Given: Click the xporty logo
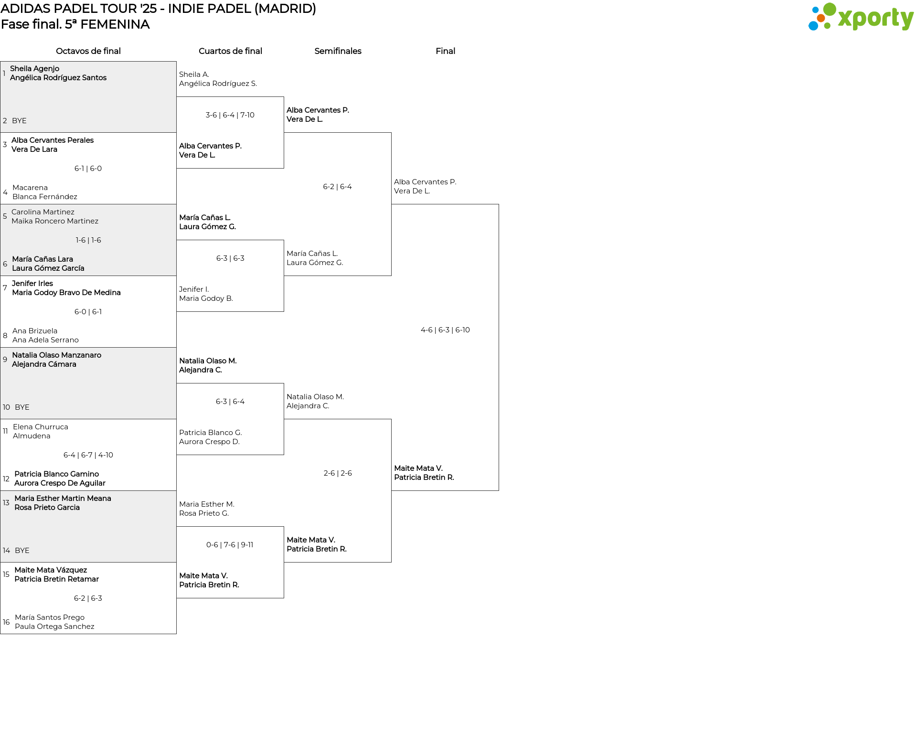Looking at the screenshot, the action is tap(861, 17).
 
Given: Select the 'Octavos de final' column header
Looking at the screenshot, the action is tap(88, 51).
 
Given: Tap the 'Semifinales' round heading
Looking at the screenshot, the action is tap(338, 51).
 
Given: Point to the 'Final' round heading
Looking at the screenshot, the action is tap(445, 51).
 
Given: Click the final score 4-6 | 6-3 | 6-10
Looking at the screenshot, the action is tap(445, 330).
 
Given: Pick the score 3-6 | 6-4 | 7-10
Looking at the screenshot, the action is tap(230, 115).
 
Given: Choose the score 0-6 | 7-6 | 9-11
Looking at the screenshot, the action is tap(230, 545).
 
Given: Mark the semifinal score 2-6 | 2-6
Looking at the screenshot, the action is tap(338, 473).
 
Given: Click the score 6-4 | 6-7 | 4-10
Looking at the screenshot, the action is tap(88, 455).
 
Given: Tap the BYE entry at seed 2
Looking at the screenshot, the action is tap(19, 121).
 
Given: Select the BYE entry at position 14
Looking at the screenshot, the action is tap(22, 551).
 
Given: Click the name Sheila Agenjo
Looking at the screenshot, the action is tap(34, 69).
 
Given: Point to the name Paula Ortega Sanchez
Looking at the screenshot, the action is tap(54, 627).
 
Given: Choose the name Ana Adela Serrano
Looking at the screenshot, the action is tap(45, 340).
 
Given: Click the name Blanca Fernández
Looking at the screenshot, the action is tap(44, 197).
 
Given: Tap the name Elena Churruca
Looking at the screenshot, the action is tap(41, 427).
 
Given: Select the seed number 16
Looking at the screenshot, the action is tap(6, 622).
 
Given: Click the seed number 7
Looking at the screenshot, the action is tap(5, 288).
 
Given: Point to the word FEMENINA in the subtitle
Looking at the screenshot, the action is tap(115, 24).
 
